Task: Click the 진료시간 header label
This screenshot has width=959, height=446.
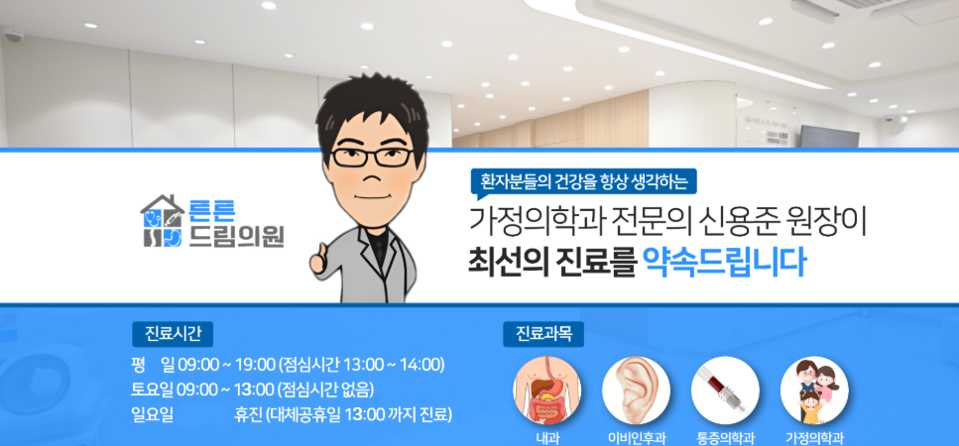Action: tap(173, 331)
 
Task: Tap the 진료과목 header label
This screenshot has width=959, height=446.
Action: tap(544, 333)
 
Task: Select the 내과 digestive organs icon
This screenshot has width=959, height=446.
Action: tap(546, 390)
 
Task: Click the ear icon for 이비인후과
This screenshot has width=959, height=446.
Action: tap(636, 390)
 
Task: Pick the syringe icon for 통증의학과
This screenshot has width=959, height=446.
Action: tap(725, 390)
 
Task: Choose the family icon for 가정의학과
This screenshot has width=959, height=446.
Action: tap(814, 390)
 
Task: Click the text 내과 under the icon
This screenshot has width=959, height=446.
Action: tap(546, 437)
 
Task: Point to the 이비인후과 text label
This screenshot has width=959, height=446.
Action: tap(636, 437)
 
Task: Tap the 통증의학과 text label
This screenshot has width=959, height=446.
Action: tap(725, 437)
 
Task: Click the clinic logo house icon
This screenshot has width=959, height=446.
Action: tap(163, 221)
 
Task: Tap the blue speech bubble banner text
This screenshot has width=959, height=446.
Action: tap(584, 181)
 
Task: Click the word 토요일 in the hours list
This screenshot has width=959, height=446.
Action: tap(152, 389)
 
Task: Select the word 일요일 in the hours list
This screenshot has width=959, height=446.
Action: tap(152, 414)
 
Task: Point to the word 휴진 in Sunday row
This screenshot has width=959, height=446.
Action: tap(247, 414)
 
